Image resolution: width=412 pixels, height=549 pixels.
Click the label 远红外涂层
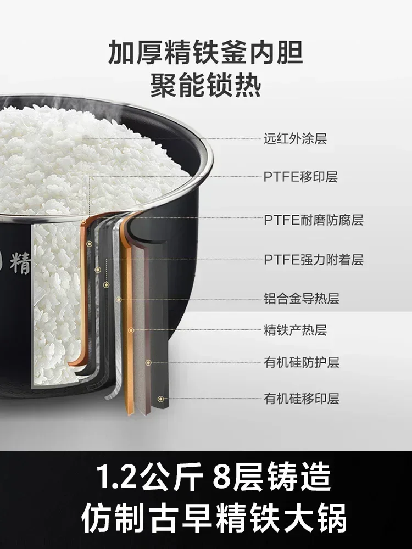pyautogui.click(x=295, y=139)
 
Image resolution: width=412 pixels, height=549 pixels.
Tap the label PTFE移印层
pyautogui.click(x=300, y=177)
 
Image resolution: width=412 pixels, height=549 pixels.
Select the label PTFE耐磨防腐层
pyautogui.click(x=314, y=220)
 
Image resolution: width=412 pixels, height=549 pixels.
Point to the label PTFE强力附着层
pyautogui.click(x=314, y=260)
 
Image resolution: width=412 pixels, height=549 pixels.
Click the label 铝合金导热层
pyautogui.click(x=302, y=299)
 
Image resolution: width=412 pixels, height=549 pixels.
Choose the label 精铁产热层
pyautogui.click(x=295, y=330)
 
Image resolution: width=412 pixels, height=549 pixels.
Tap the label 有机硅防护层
pyautogui.click(x=302, y=362)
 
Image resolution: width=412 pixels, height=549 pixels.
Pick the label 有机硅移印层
pyautogui.click(x=302, y=399)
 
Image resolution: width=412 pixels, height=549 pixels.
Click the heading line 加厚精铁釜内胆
pyautogui.click(x=205, y=52)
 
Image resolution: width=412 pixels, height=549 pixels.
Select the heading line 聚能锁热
pyautogui.click(x=205, y=85)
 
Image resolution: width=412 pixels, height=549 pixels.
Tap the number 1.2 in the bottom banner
pyautogui.click(x=116, y=478)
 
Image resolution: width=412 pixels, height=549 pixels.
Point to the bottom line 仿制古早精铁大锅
pyautogui.click(x=214, y=519)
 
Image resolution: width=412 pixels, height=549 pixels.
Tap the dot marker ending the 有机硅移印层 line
pyautogui.click(x=160, y=399)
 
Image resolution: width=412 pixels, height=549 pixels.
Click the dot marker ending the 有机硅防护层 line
pyautogui.click(x=148, y=363)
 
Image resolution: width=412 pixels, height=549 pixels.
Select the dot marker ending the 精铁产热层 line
pyautogui.click(x=131, y=330)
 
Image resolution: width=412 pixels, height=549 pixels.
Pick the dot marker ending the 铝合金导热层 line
pyautogui.click(x=119, y=299)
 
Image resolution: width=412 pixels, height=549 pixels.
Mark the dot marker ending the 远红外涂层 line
pyautogui.click(x=83, y=222)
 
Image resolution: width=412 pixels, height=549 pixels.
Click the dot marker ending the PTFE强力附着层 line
pyautogui.click(x=107, y=285)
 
